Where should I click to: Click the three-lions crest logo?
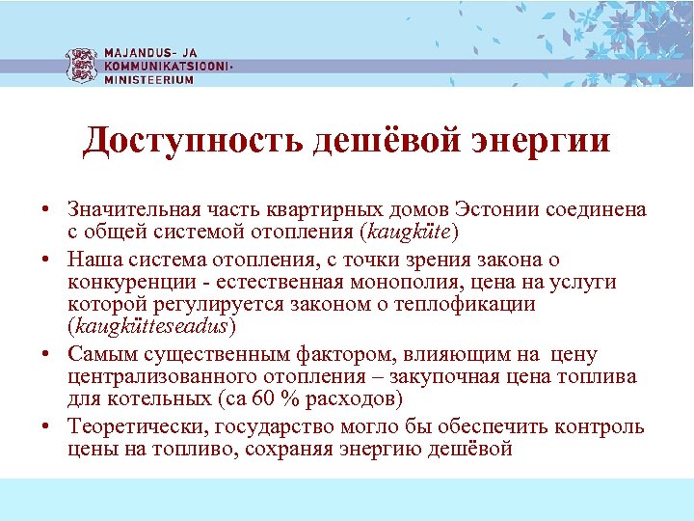tap(82, 65)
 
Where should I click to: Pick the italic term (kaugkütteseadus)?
tap(151, 326)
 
